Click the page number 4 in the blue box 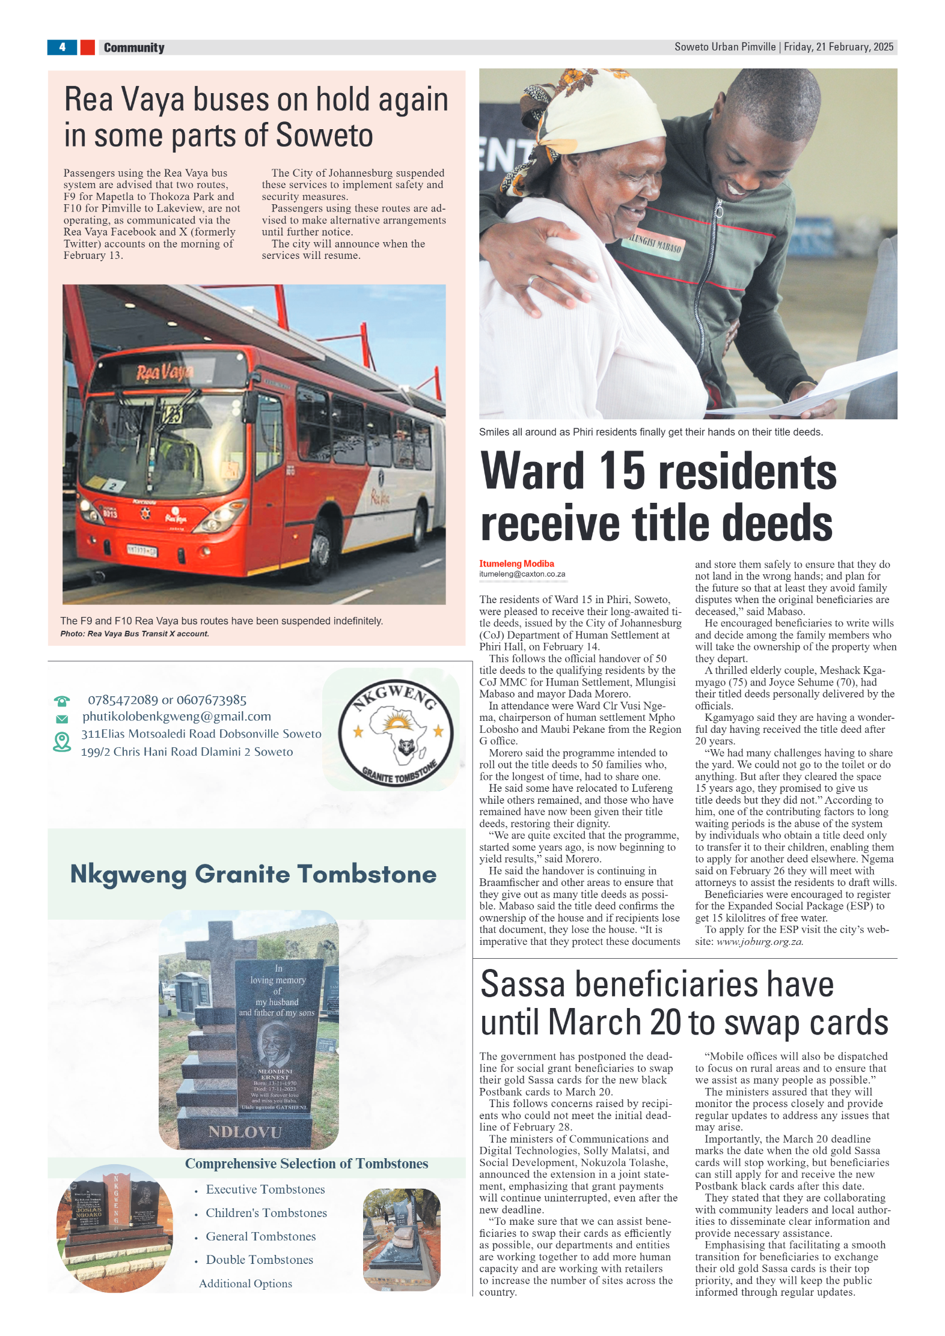point(62,47)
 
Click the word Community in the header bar point(133,47)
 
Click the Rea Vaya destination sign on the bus point(164,373)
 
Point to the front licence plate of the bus point(142,550)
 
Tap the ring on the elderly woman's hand point(533,280)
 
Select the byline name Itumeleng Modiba point(516,563)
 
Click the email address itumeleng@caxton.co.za point(522,574)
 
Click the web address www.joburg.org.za point(759,941)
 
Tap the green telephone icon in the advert point(62,700)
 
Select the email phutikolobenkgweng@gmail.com point(177,716)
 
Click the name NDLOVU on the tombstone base point(245,1132)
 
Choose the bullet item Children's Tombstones point(266,1213)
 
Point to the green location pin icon point(62,742)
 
